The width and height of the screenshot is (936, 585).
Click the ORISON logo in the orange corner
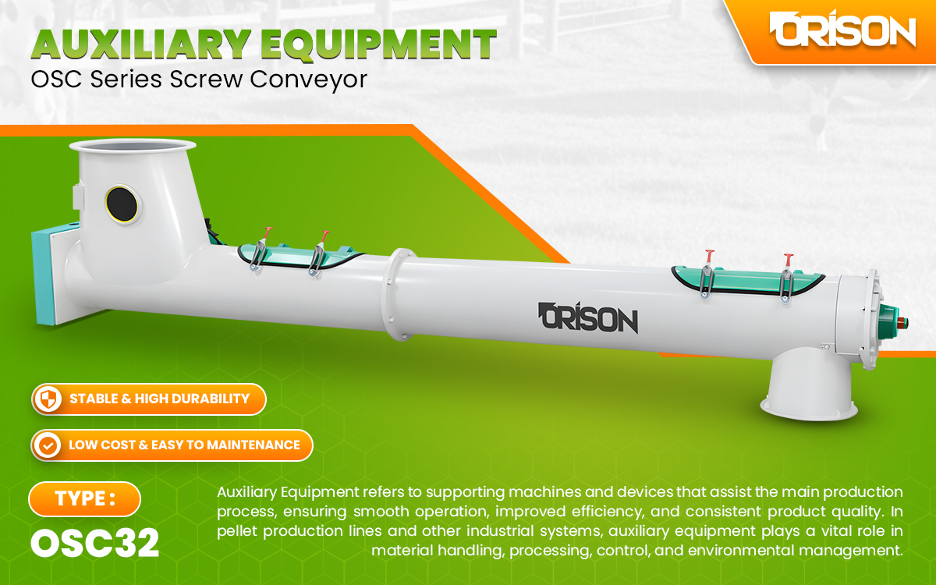pyautogui.click(x=842, y=31)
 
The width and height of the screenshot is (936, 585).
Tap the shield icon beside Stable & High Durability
pyautogui.click(x=49, y=399)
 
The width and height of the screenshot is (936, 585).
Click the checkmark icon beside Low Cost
pyautogui.click(x=49, y=445)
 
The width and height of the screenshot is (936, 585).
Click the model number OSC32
pyautogui.click(x=94, y=543)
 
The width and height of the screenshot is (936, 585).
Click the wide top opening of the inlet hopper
pyautogui.click(x=131, y=146)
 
